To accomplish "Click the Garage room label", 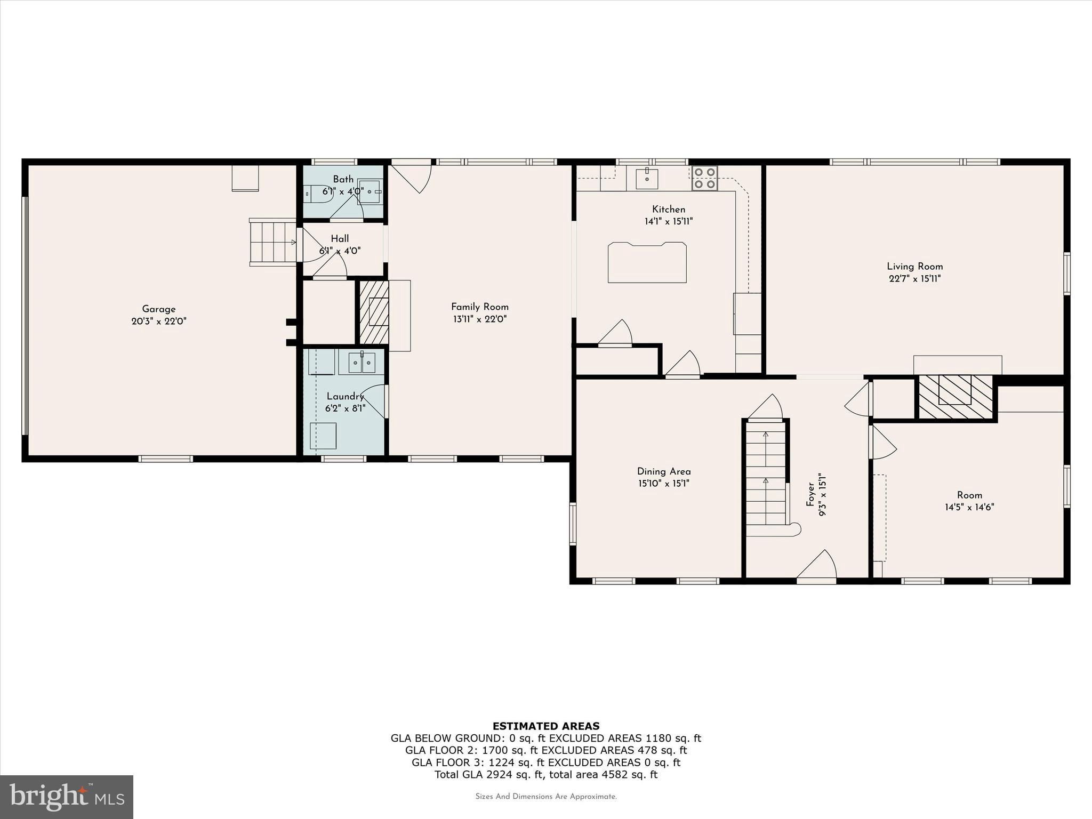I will (x=158, y=309).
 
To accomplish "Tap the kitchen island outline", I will (x=647, y=262).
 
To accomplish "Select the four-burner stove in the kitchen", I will (x=704, y=178).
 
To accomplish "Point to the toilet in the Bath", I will (x=318, y=194).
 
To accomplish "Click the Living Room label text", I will (x=914, y=267).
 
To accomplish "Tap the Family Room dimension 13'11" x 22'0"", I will (x=479, y=319).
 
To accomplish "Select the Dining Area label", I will (x=663, y=471).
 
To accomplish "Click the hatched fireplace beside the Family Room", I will (x=374, y=312).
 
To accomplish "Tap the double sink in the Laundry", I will (x=362, y=363).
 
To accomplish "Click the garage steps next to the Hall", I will (x=273, y=242).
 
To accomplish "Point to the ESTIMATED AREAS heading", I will (x=545, y=726).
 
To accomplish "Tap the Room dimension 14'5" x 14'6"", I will (x=969, y=507).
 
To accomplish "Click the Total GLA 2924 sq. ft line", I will (x=545, y=775).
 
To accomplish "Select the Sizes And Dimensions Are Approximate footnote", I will (x=545, y=797).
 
